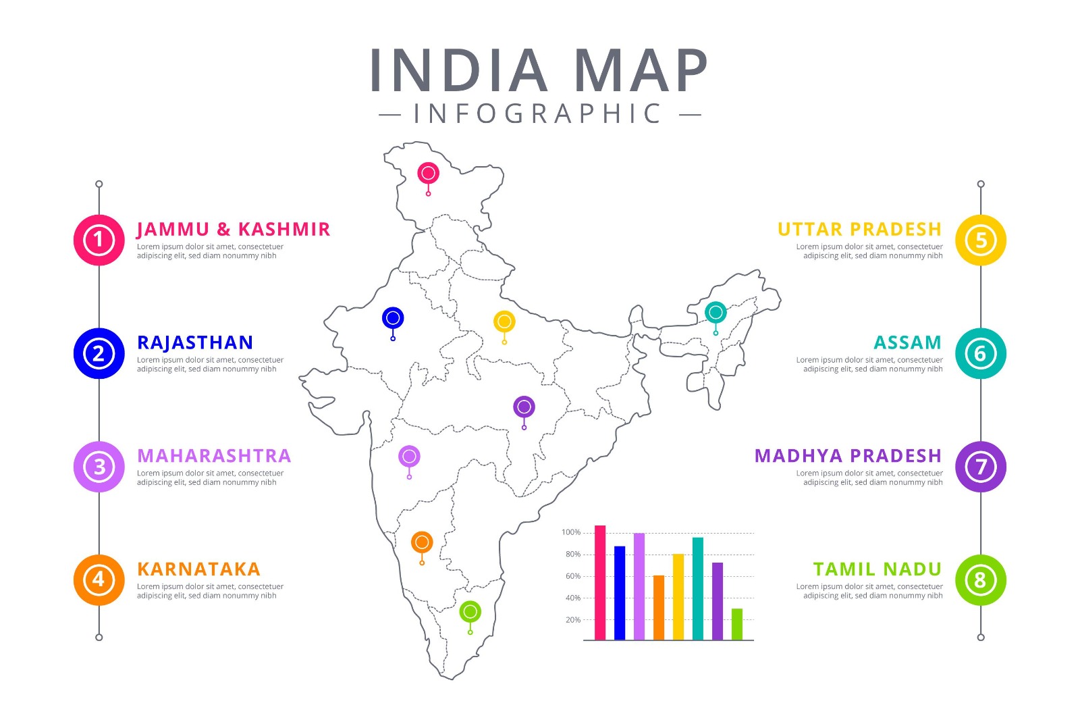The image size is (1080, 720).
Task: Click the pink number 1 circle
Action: [99, 240]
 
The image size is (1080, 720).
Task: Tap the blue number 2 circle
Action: [99, 353]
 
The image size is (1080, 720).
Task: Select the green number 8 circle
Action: [980, 580]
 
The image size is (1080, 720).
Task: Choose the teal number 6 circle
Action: [980, 353]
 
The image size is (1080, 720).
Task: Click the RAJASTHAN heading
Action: [195, 343]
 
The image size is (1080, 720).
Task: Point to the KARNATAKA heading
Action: [198, 569]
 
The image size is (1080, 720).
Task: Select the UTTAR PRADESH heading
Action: [859, 230]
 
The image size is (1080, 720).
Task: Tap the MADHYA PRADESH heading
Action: [848, 456]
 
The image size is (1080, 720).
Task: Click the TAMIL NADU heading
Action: [877, 569]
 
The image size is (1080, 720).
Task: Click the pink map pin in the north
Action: [428, 174]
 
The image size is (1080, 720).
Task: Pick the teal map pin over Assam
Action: [715, 313]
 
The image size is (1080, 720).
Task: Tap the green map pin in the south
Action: [470, 613]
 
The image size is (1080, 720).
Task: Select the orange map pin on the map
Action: [422, 542]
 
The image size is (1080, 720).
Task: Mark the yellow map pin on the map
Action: [504, 322]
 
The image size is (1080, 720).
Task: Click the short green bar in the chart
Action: [737, 625]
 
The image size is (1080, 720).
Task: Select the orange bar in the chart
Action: [659, 608]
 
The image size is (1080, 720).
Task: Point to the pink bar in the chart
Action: [600, 582]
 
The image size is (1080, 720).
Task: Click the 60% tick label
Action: [572, 576]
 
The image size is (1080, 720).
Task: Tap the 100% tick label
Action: [571, 532]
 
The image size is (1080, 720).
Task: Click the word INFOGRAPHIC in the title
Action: [538, 114]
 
